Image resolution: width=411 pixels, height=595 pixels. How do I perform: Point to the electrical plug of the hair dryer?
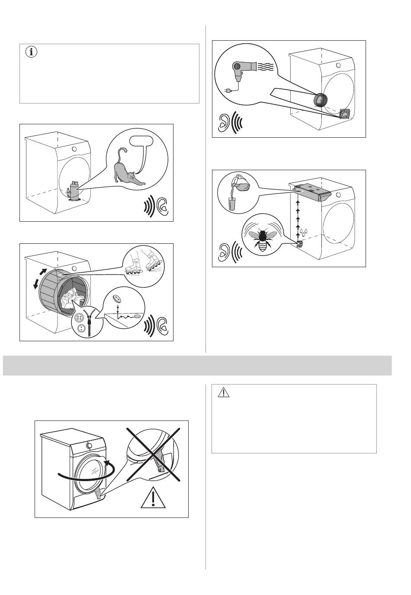coord(228,91)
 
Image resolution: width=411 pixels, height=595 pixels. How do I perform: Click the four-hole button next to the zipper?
coord(80,317)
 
